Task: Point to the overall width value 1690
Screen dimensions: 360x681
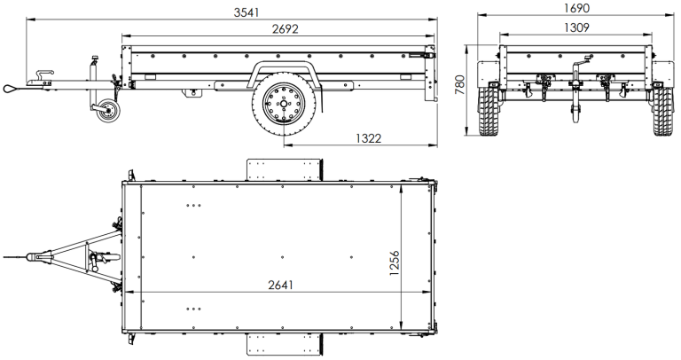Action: (577, 7)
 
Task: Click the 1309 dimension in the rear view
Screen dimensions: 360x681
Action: (577, 27)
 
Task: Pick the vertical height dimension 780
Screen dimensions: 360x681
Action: (459, 85)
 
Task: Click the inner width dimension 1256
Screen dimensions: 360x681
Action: (395, 262)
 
